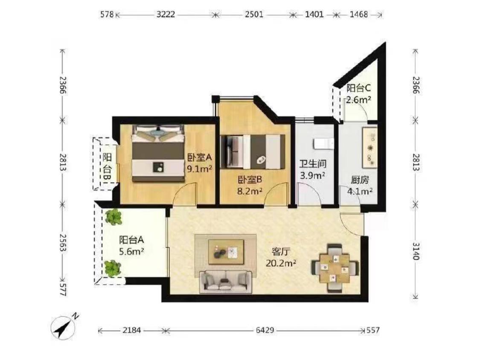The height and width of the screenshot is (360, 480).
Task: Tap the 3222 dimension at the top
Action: click(x=166, y=15)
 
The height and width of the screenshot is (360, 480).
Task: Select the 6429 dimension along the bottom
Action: click(x=265, y=330)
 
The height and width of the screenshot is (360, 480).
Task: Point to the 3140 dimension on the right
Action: click(x=416, y=251)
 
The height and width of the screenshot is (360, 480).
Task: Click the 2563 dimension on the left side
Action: click(x=63, y=243)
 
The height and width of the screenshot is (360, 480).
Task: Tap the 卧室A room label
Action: click(x=200, y=158)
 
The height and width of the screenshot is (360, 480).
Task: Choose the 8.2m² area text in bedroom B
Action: click(x=250, y=192)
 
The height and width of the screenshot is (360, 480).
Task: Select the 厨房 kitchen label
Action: click(x=360, y=180)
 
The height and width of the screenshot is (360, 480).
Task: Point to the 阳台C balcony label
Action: click(x=358, y=88)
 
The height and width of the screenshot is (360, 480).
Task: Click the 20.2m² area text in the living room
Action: click(x=281, y=263)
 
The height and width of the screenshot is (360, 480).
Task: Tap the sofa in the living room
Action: click(x=226, y=282)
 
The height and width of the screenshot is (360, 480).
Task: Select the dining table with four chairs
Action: click(x=335, y=268)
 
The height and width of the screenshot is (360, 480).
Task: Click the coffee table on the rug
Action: click(x=226, y=252)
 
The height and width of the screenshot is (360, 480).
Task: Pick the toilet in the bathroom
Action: click(x=323, y=144)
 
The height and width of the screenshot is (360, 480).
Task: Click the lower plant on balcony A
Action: click(x=113, y=268)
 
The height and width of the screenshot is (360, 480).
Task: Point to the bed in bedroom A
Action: click(x=158, y=153)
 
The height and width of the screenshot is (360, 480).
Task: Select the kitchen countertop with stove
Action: click(x=370, y=148)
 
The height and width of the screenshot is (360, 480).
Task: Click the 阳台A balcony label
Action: click(x=131, y=240)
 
